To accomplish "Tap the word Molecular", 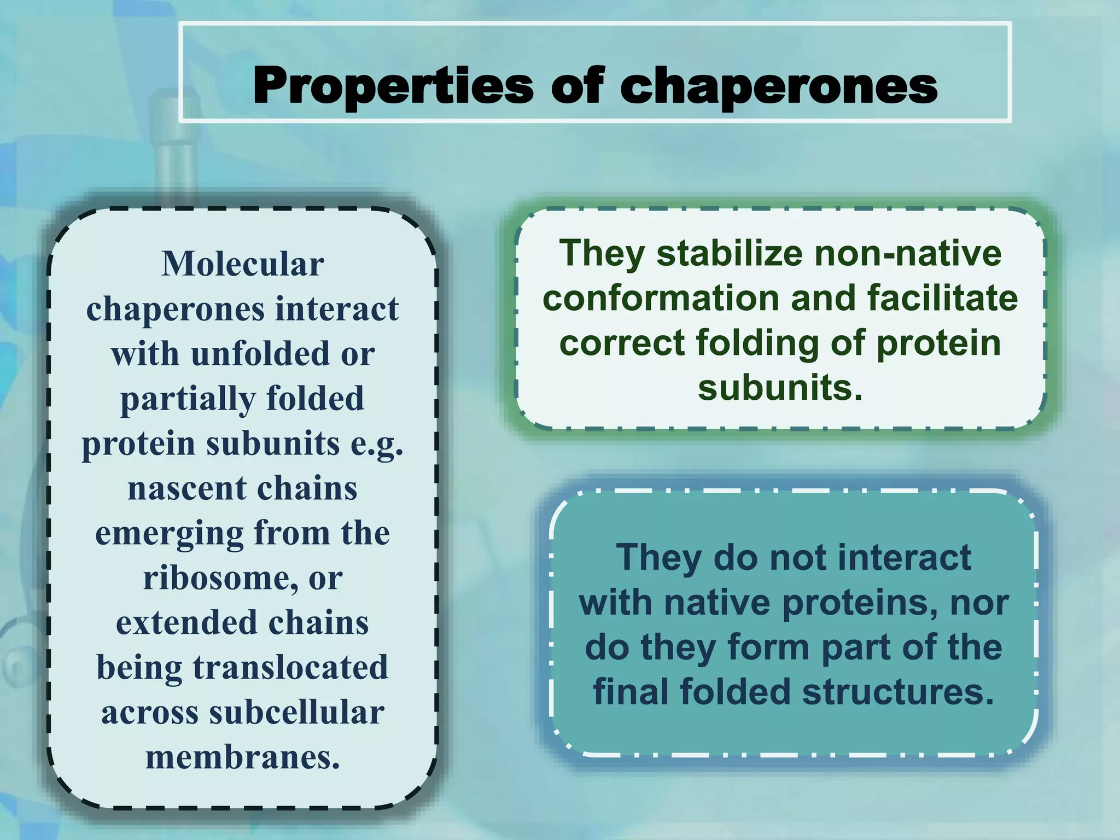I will (243, 264).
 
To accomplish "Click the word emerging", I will (170, 533).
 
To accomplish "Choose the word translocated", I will (290, 668).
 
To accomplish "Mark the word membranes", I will (243, 757).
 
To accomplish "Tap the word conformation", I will (661, 299).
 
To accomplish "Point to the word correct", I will (621, 343).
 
